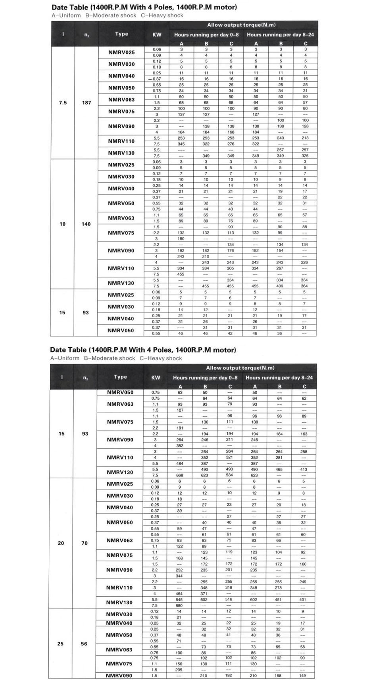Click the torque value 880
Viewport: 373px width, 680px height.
180,605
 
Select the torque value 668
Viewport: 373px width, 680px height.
180,475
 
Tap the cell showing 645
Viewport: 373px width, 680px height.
180,599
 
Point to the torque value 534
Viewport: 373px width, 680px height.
229,475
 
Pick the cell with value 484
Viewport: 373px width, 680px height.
180,463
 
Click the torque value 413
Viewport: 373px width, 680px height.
304,469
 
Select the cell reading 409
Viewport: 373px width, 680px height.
280,286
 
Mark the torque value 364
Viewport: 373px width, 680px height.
304,286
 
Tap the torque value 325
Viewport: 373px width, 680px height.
305,156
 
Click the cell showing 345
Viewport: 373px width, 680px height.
181,144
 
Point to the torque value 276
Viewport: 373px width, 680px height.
231,144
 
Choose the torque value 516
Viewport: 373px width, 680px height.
229,599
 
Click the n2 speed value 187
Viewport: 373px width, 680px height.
87,103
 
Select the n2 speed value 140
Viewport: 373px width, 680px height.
86,224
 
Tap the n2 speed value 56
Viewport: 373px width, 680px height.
84,643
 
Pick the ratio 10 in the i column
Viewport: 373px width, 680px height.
62,224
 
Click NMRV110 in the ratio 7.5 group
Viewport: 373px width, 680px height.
121,141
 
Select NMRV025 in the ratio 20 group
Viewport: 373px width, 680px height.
120,484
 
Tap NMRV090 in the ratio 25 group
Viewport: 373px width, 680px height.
119,675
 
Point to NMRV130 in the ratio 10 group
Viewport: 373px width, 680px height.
121,283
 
